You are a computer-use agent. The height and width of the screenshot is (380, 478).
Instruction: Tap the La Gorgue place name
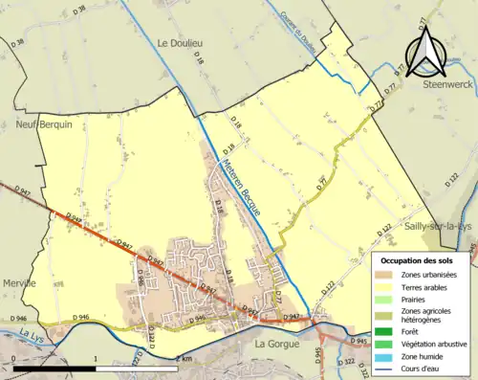click(277, 342)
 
